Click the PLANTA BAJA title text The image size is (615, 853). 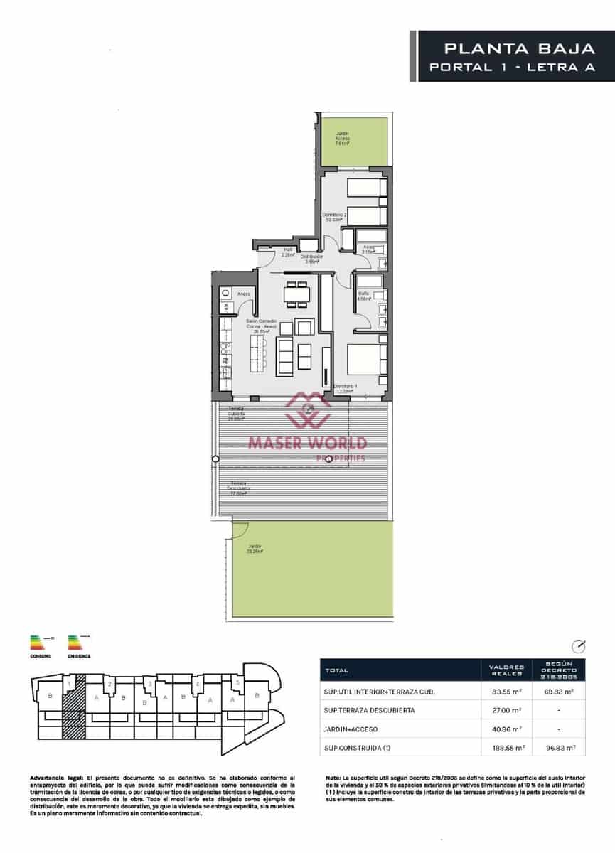point(519,48)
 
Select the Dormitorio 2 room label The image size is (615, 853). point(334,217)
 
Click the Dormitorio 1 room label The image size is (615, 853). point(346,388)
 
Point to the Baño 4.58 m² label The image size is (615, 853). point(364,296)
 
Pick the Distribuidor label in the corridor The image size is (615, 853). point(311,259)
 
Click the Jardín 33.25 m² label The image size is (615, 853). point(255,549)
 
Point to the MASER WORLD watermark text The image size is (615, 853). point(307,444)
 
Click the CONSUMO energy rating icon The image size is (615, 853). point(40,643)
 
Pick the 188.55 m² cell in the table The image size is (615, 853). point(508,748)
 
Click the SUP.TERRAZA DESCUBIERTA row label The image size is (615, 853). point(369,710)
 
